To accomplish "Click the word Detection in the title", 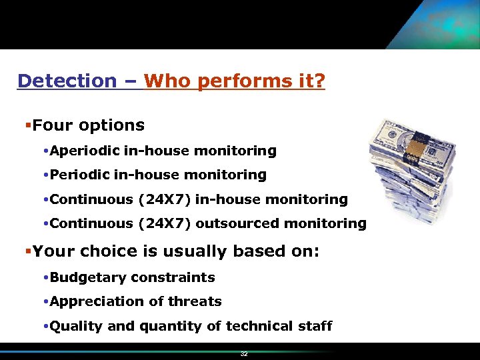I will pos(67,81).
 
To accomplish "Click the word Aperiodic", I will pos(84,151).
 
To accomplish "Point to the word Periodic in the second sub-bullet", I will pos(79,175).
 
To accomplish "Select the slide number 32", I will pos(244,354).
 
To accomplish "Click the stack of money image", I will pos(413,170).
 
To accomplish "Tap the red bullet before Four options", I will pos(27,125).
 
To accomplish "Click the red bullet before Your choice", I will pos(27,251).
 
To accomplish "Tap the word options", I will pos(111,125).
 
